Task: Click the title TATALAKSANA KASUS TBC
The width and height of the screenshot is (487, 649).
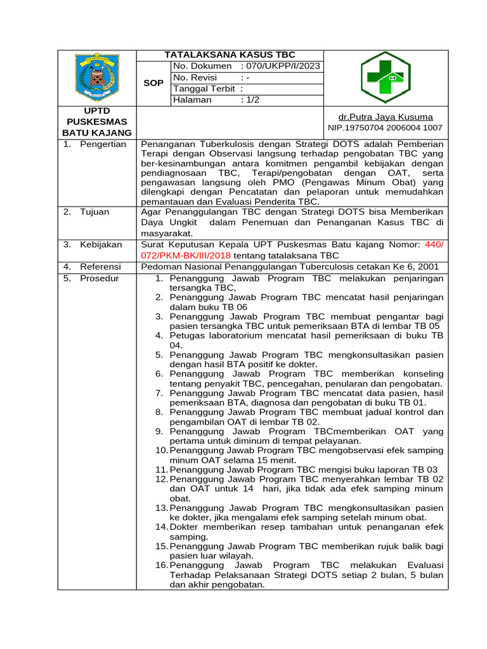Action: (x=230, y=55)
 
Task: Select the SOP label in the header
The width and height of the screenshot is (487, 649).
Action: (x=153, y=83)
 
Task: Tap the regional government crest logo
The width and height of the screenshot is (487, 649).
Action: (x=97, y=79)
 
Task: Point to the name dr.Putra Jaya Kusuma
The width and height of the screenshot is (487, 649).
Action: (x=386, y=117)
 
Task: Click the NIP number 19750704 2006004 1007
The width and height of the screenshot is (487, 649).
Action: (x=385, y=127)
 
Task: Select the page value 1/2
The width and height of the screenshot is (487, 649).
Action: (x=253, y=100)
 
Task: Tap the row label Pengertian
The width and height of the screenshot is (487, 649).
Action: (x=103, y=144)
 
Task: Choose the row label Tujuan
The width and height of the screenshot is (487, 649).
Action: (x=94, y=212)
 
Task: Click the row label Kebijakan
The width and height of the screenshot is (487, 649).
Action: (x=100, y=244)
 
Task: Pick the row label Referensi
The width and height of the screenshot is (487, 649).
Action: (x=100, y=266)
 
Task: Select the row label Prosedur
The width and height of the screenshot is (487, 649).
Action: (x=99, y=278)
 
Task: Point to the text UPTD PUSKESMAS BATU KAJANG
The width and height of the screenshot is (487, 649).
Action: (x=97, y=122)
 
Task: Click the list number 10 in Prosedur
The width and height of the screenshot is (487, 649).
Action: (x=161, y=450)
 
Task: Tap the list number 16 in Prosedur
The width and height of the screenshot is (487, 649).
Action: (x=161, y=565)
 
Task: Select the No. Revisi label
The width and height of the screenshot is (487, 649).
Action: (x=195, y=77)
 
